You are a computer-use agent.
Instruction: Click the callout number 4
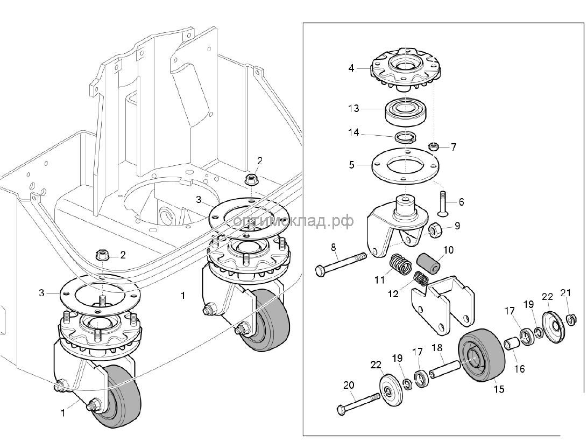(x=351, y=68)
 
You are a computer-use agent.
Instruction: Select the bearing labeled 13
(x=404, y=110)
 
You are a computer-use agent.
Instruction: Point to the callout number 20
(x=349, y=385)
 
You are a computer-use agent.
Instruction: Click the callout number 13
(x=353, y=108)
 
